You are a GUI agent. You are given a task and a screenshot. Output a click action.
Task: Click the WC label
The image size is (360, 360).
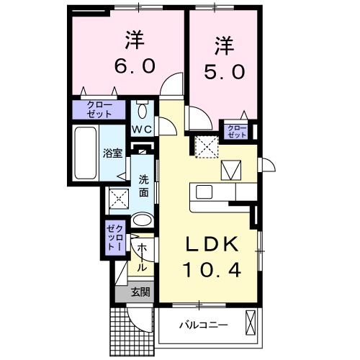(x=142, y=129)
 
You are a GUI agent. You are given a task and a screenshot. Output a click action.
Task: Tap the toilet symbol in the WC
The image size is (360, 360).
(x=142, y=110)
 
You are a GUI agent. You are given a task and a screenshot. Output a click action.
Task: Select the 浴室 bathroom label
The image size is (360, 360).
(x=112, y=153)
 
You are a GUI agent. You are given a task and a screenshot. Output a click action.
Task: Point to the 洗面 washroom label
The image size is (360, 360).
(x=143, y=186)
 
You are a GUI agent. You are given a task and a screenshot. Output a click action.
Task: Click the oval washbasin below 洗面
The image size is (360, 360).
(x=143, y=221)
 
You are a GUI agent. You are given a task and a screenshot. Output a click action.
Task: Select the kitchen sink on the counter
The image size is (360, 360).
(x=204, y=192)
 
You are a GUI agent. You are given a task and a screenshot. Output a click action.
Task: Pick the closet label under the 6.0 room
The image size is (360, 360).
(x=100, y=110)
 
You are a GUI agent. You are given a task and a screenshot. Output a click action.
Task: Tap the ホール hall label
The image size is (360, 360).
(x=141, y=256)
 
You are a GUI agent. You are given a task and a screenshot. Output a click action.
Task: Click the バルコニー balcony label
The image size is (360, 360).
(x=204, y=325)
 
